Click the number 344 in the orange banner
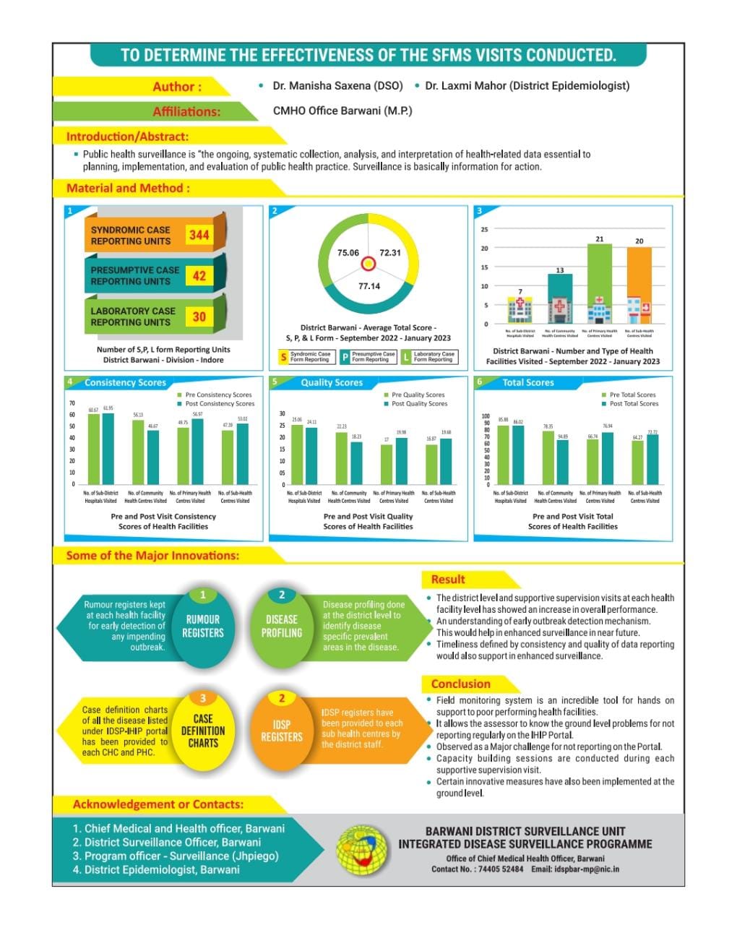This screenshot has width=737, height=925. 199,235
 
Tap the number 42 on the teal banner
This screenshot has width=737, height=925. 199,275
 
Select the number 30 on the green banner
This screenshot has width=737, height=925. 199,317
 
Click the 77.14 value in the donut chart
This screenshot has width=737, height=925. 368,286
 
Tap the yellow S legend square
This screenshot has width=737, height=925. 283,357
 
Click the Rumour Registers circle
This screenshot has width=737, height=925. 203,626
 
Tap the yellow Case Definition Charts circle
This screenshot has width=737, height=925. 203,730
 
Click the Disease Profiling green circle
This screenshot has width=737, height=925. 282,626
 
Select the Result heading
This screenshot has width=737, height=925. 448,580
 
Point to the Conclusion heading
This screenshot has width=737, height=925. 460,684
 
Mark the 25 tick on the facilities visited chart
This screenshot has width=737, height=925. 484,229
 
